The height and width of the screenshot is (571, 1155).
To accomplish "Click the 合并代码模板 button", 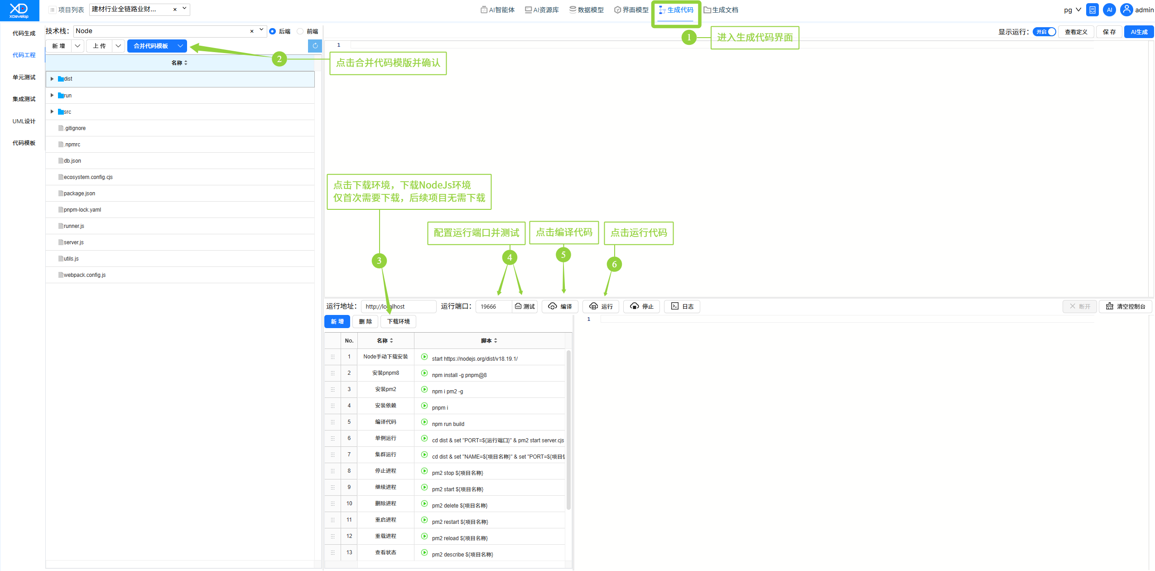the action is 151,46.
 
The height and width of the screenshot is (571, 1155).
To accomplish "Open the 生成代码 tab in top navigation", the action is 676,10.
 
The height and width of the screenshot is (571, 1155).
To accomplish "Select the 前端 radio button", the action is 300,31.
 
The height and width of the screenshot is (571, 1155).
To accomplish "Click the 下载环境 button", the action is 398,321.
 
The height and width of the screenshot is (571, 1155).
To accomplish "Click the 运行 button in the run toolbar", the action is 601,306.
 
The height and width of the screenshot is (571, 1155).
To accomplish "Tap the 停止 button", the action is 641,306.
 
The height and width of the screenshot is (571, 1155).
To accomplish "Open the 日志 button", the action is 682,306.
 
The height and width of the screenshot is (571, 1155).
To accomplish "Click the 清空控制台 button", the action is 1126,306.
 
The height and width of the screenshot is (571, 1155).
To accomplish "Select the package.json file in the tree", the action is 79,194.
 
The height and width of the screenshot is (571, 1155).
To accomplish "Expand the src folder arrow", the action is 52,111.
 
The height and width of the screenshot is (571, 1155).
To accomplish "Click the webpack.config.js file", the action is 85,275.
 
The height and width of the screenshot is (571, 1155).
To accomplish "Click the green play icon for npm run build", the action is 424,422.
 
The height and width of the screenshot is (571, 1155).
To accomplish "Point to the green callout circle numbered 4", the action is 510,257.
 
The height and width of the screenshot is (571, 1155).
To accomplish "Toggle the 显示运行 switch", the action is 1044,32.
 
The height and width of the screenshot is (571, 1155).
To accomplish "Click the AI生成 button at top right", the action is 1139,32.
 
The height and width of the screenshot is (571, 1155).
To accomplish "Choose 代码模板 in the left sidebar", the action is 24,143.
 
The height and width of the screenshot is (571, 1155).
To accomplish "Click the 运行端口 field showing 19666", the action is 494,306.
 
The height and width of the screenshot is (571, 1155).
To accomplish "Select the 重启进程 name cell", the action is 385,520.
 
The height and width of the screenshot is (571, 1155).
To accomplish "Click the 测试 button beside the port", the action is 525,306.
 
